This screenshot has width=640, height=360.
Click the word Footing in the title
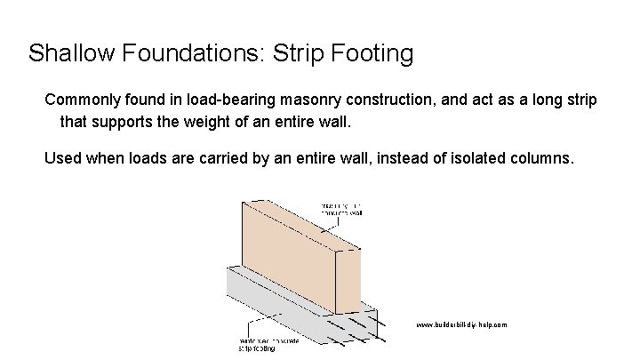[378, 53]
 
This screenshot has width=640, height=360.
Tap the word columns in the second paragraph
[547, 159]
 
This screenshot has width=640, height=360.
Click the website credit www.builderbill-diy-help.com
[461, 325]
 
